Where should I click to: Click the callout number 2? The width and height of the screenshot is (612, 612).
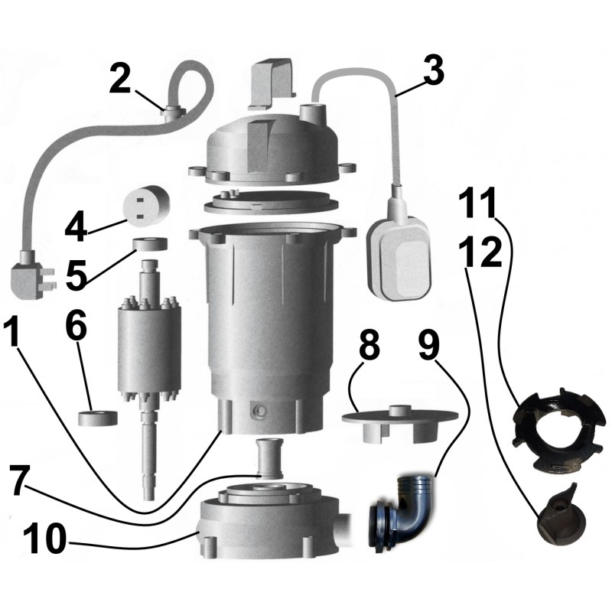(x=120, y=79)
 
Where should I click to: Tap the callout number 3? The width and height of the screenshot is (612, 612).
(x=433, y=70)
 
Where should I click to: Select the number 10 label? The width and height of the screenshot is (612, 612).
(x=44, y=539)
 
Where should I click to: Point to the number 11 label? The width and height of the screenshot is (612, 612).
(x=477, y=203)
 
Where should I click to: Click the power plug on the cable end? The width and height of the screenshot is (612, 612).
(x=33, y=275)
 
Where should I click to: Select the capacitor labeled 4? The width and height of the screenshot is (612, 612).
(x=146, y=204)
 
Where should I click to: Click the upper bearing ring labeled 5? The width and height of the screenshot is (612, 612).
(x=150, y=244)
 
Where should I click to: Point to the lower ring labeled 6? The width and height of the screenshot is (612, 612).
(x=99, y=418)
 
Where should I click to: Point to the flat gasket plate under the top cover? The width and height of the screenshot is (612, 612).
(x=272, y=202)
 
